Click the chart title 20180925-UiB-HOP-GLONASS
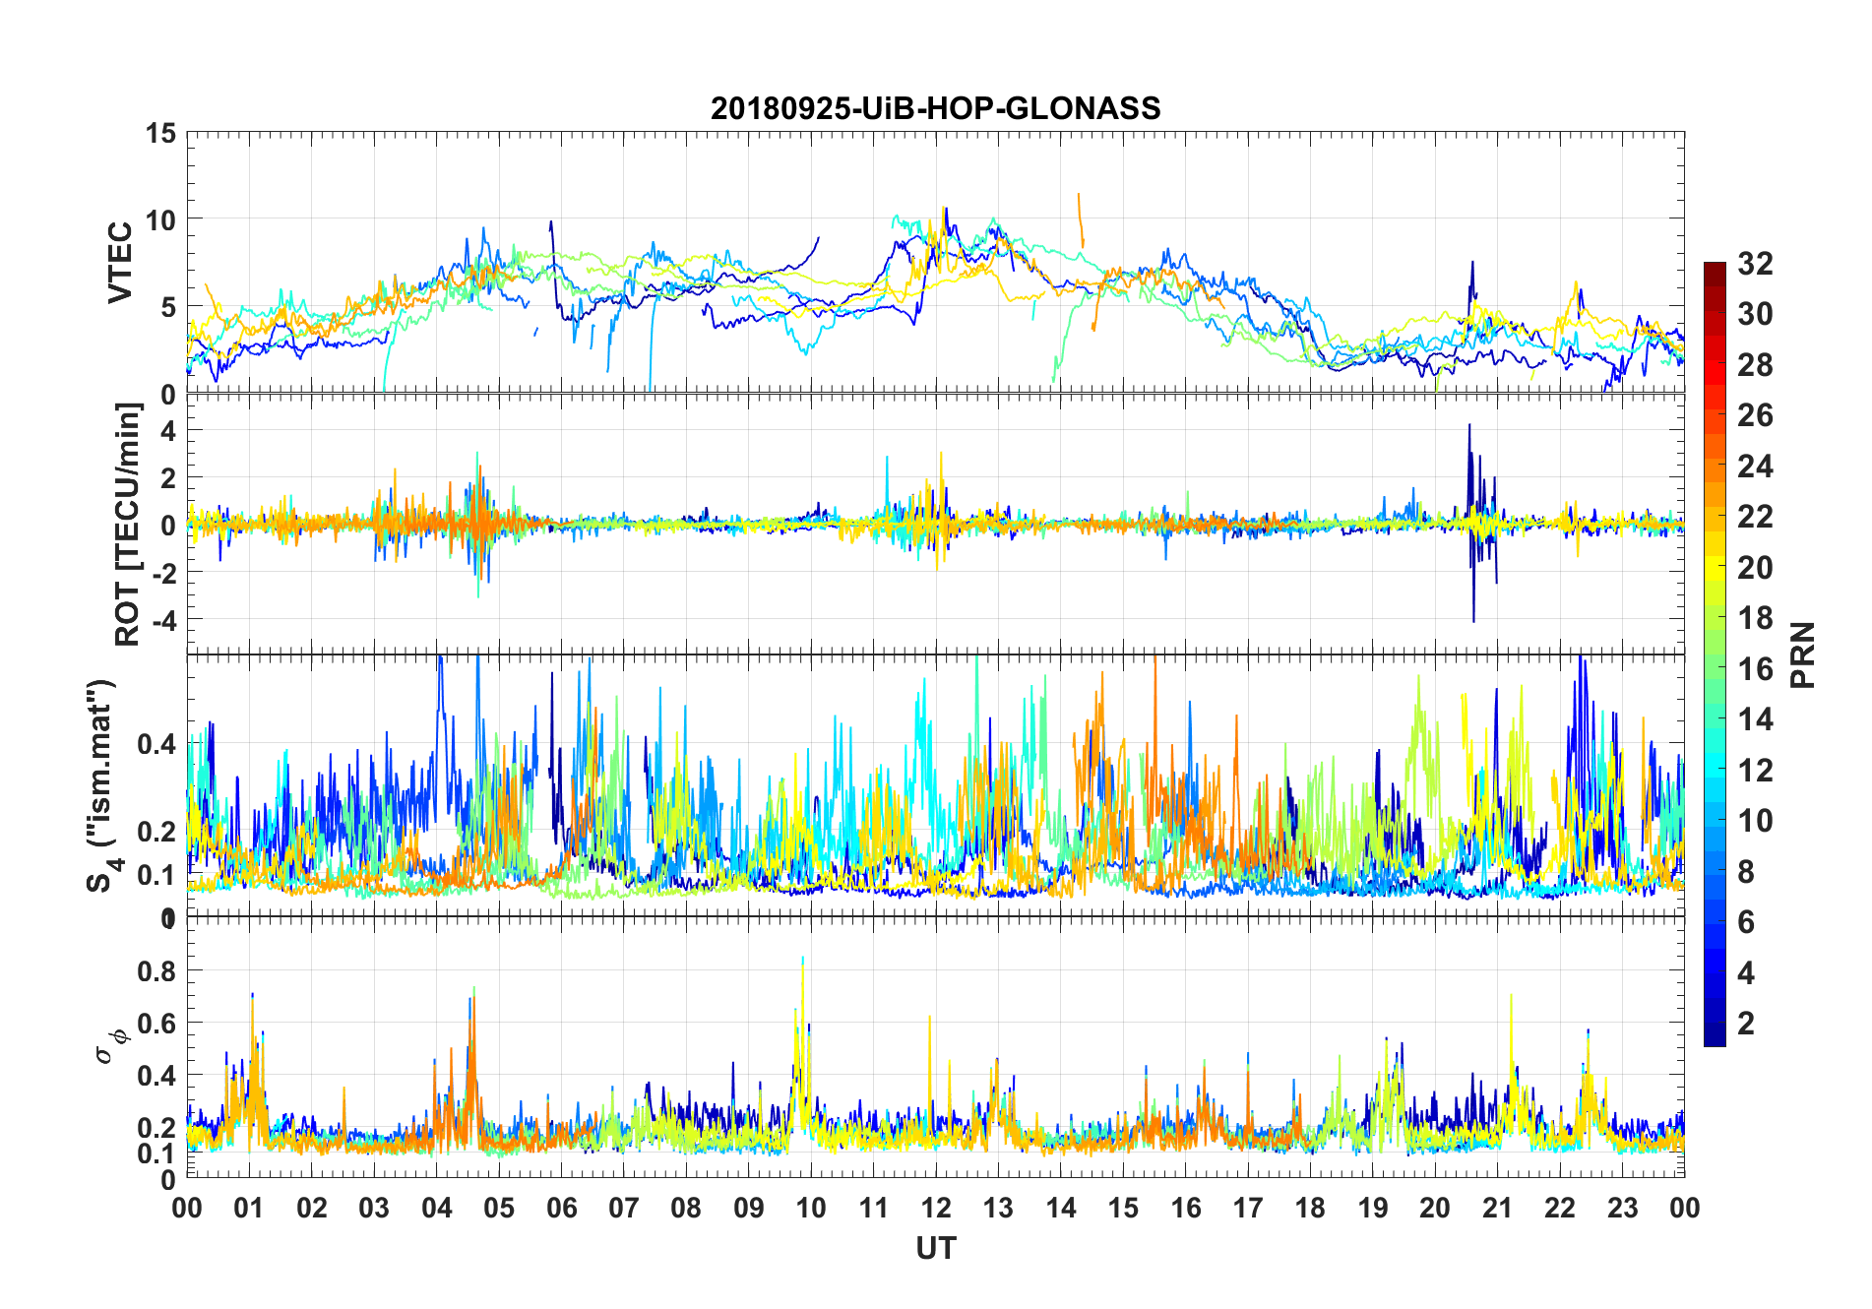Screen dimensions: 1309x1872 tap(935, 108)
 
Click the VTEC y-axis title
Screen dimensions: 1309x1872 tap(120, 263)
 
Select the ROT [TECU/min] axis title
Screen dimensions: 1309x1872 tap(128, 524)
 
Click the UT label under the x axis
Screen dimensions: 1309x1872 tap(935, 1248)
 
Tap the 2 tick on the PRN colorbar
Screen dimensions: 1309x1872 tap(1746, 1024)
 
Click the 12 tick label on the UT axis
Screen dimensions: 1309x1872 tap(935, 1208)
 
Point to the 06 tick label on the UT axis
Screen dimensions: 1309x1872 tap(561, 1208)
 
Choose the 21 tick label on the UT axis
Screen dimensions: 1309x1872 tap(1497, 1208)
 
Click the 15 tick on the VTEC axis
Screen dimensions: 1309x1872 tap(160, 133)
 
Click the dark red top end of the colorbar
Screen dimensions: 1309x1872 tap(1715, 268)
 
